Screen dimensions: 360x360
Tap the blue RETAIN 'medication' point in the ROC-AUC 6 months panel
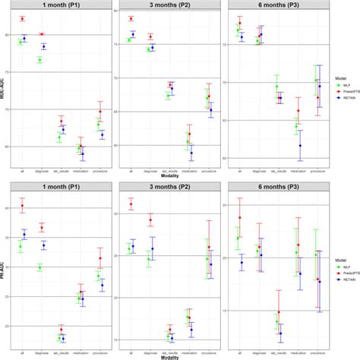pos(300,145)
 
